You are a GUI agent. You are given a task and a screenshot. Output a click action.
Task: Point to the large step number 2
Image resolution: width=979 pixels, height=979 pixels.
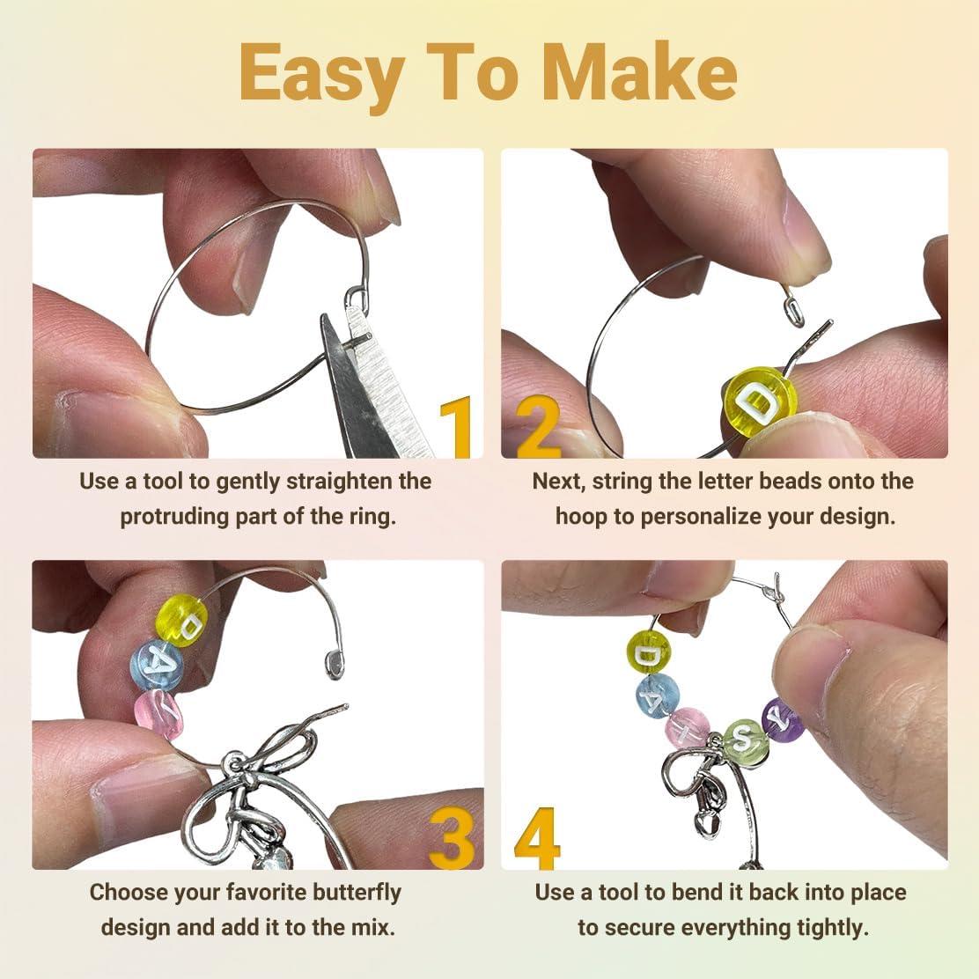click(x=537, y=428)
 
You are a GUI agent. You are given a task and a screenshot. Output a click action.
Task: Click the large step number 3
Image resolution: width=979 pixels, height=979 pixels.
click(x=453, y=838)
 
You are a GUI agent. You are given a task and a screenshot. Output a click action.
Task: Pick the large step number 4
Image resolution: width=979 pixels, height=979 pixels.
click(x=537, y=838)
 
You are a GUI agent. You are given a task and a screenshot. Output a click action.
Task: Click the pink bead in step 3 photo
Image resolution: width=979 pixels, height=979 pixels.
click(x=159, y=712)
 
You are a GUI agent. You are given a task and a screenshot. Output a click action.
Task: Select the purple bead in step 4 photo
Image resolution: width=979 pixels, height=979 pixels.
click(x=782, y=719)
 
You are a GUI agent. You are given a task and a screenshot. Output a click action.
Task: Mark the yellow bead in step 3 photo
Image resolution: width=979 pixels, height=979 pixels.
click(x=180, y=619)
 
